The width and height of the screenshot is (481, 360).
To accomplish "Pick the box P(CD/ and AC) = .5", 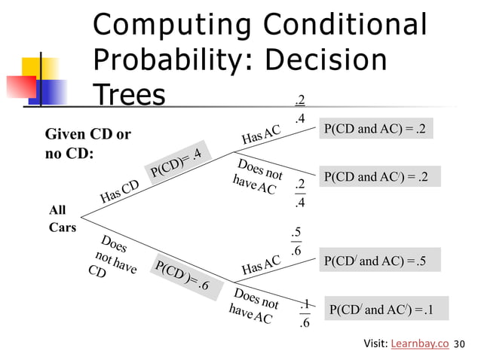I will click(x=375, y=261).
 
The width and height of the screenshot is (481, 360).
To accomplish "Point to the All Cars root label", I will click(x=63, y=219).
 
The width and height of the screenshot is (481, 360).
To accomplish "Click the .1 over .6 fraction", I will click(x=304, y=314).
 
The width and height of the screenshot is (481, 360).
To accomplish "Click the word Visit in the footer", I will click(x=375, y=344).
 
